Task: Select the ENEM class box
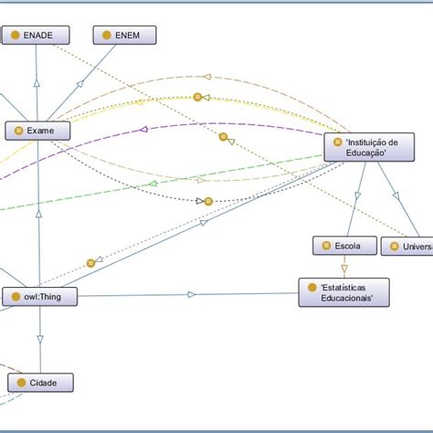click(x=124, y=36)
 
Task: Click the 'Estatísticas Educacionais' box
click(x=343, y=292)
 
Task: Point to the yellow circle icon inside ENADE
click(x=15, y=36)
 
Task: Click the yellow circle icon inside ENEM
click(x=106, y=36)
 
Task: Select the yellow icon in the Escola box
click(x=325, y=246)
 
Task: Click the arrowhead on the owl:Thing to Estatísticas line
click(x=192, y=294)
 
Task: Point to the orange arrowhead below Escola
click(x=344, y=269)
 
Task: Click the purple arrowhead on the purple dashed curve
click(x=143, y=131)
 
